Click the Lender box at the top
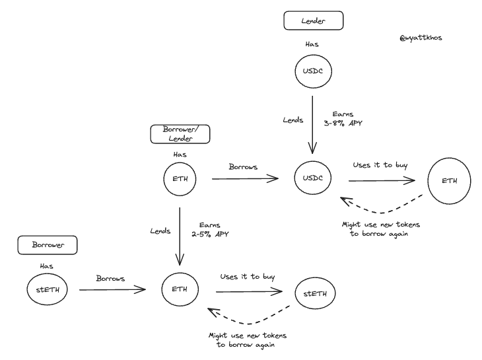312,21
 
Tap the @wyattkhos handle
421,38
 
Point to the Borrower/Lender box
181,134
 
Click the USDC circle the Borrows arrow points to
312,178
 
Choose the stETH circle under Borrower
47,288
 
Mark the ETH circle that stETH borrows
180,289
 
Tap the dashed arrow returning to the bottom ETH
248,318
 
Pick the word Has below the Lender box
312,43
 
